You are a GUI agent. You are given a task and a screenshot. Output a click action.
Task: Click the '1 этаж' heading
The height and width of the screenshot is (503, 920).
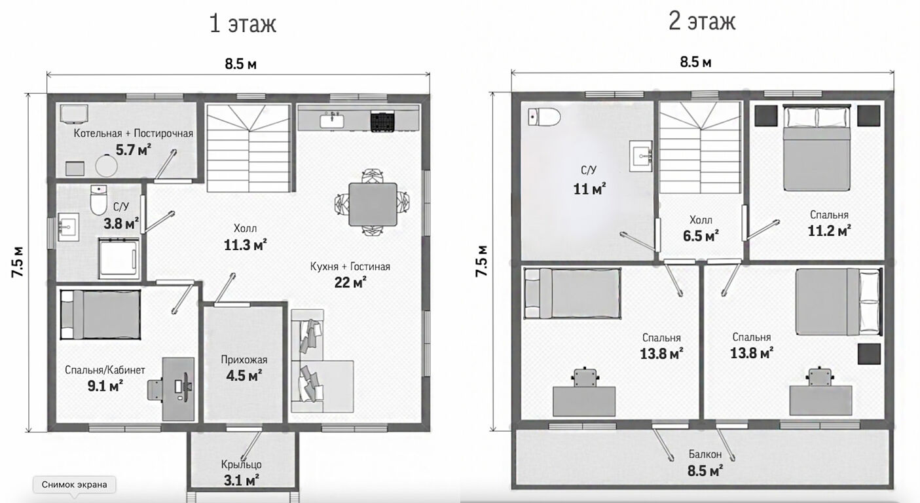[243, 23]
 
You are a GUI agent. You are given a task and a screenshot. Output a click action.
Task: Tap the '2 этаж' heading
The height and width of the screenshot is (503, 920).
[702, 22]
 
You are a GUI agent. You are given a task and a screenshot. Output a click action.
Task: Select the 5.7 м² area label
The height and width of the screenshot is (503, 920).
[133, 149]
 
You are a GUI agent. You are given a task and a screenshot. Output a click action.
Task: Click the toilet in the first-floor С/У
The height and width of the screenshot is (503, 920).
[99, 200]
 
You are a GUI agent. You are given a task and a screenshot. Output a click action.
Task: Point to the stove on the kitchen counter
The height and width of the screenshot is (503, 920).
[382, 121]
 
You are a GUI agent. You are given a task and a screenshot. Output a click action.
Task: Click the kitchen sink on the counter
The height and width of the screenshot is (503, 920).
[332, 121]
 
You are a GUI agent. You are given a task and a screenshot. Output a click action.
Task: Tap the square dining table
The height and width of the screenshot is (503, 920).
[373, 204]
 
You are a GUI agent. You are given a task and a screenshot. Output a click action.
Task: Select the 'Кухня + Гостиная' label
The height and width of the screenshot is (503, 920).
[350, 267]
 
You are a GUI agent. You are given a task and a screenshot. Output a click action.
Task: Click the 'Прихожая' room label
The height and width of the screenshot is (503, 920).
[244, 360]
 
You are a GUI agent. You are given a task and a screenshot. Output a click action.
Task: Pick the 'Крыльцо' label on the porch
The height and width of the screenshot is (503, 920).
[242, 465]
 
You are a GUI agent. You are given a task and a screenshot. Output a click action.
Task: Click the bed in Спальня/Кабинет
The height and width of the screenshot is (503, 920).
[101, 314]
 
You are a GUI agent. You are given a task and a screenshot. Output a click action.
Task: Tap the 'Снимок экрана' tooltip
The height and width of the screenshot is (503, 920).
[75, 485]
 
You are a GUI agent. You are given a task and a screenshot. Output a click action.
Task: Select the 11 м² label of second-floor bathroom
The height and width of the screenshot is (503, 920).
[590, 189]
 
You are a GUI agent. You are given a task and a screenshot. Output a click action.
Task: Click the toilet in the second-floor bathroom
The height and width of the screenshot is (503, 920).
[544, 117]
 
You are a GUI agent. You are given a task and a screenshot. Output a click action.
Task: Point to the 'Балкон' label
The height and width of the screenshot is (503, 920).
[705, 454]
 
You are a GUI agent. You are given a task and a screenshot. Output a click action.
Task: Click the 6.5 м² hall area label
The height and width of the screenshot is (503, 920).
[701, 236]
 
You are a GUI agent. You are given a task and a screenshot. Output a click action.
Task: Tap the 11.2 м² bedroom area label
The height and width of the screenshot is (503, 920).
[829, 231]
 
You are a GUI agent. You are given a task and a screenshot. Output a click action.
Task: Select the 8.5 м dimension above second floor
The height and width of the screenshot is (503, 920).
[696, 62]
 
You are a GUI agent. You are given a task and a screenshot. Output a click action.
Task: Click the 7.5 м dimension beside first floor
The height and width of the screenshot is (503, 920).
[18, 262]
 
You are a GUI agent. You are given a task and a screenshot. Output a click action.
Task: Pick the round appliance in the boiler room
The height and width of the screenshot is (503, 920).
[106, 166]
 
